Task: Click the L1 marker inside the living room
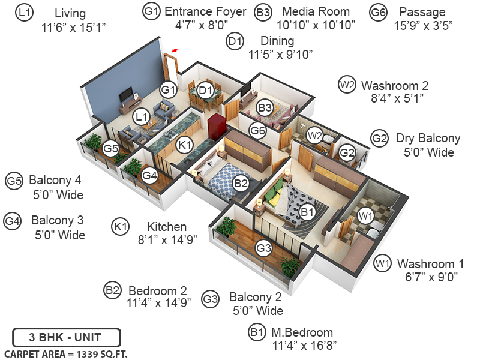(142, 116)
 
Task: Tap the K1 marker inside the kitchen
(185, 145)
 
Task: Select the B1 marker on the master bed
(307, 211)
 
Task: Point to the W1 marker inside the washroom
(365, 215)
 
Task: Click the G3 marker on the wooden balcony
(263, 247)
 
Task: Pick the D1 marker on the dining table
(206, 91)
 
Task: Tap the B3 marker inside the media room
(265, 107)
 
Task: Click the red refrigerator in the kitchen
(216, 127)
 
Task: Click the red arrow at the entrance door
(175, 51)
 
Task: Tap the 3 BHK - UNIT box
(67, 337)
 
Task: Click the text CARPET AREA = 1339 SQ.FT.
(65, 353)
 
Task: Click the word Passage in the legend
(422, 12)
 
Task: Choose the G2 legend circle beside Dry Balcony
(379, 138)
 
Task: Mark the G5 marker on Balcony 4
(110, 148)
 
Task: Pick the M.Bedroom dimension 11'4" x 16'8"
(304, 346)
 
